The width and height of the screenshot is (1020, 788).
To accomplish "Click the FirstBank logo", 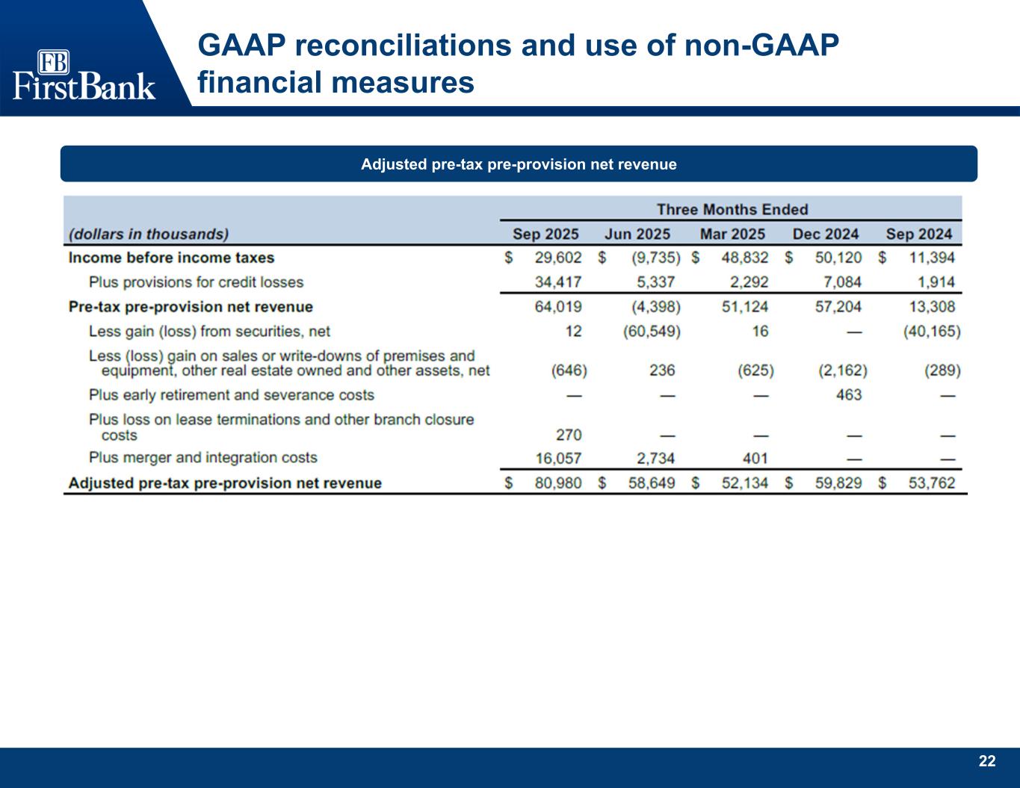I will click(x=84, y=75).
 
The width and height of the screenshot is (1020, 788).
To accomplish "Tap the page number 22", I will click(x=987, y=761).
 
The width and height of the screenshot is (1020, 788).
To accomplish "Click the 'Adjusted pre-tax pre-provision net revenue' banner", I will click(x=519, y=164).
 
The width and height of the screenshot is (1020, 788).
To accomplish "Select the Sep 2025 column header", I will click(x=545, y=234).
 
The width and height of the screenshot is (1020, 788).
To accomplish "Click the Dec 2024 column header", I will click(x=825, y=234).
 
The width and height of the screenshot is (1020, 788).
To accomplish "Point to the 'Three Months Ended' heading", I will click(x=732, y=209).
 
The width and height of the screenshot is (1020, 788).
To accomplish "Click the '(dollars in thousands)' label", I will click(x=149, y=234).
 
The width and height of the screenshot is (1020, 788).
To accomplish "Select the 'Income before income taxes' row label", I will click(x=171, y=258).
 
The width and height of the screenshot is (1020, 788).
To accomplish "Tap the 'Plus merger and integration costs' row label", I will click(x=203, y=458).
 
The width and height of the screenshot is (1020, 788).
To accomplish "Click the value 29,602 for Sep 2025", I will click(x=558, y=258).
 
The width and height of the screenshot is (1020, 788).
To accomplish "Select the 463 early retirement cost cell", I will click(x=849, y=394).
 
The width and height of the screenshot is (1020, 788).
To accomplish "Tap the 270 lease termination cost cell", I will click(x=569, y=435).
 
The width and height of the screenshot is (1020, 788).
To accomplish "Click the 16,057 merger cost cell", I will click(x=558, y=458).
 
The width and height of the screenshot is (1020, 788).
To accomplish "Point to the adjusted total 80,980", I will click(x=558, y=483).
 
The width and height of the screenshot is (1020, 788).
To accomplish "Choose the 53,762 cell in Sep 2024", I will click(x=931, y=483).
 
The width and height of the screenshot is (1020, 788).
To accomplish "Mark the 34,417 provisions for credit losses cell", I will click(x=558, y=282).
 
